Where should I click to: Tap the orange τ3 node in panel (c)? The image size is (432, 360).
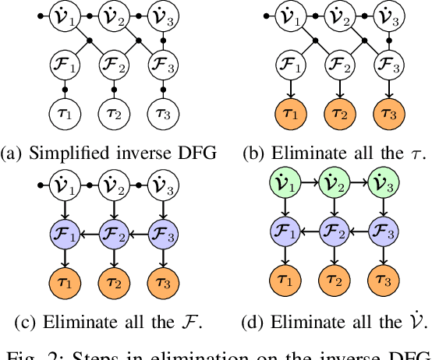(x=162, y=277)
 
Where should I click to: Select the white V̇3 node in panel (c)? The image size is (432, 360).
(x=162, y=186)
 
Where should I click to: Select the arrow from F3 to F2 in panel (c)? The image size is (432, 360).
(x=136, y=231)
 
